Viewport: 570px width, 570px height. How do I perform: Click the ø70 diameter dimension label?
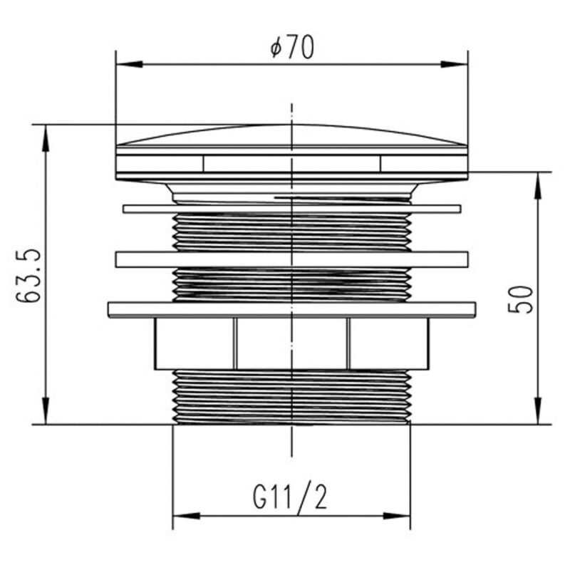(292, 48)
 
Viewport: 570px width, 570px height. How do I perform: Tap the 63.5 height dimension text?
(28, 275)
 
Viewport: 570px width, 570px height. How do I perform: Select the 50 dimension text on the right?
(520, 299)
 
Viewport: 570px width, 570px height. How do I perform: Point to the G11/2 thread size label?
(290, 497)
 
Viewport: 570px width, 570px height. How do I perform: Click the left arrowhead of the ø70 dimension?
(129, 64)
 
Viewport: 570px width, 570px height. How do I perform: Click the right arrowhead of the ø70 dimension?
(455, 64)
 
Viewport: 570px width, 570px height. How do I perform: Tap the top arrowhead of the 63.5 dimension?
(46, 138)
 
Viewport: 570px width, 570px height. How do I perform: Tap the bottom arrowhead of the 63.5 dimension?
(46, 411)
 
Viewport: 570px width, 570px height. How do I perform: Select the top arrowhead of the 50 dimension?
(539, 185)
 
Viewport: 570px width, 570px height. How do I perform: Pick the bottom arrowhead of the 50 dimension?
(539, 411)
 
